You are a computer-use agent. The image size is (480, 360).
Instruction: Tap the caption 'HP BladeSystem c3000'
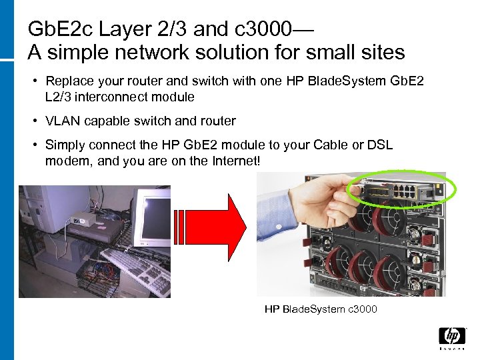(x=321, y=309)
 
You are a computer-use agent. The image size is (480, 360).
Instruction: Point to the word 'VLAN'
(x=61, y=121)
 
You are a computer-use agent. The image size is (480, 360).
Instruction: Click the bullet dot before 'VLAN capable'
(x=34, y=121)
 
